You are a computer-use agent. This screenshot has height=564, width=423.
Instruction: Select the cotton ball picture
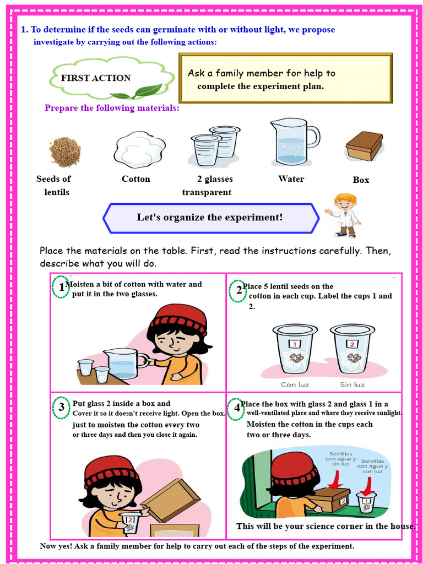(139, 149)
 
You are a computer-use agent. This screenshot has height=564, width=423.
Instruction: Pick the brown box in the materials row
(364, 146)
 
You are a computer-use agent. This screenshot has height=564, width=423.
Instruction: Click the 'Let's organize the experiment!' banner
(210, 218)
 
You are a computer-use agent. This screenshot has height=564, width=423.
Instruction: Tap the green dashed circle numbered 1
(61, 287)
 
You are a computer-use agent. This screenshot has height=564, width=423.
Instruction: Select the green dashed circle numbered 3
(61, 408)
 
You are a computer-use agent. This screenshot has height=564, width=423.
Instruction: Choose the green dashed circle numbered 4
(237, 408)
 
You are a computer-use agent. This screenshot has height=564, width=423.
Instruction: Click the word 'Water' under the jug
(291, 179)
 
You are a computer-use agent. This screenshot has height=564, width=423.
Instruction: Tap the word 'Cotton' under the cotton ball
(135, 179)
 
